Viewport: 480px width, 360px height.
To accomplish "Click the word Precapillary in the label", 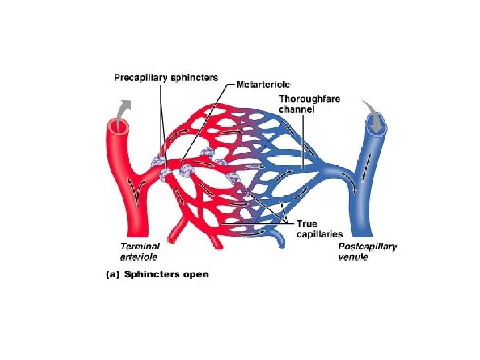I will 139,77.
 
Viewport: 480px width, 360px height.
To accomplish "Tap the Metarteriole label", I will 264,85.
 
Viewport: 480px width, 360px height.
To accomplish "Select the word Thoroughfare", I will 309,99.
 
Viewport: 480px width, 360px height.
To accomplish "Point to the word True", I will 308,224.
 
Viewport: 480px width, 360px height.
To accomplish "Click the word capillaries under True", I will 319,234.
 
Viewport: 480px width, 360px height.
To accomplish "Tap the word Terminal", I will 139,246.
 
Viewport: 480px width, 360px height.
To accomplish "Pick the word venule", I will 353,257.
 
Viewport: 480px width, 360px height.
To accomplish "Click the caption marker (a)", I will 114,274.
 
